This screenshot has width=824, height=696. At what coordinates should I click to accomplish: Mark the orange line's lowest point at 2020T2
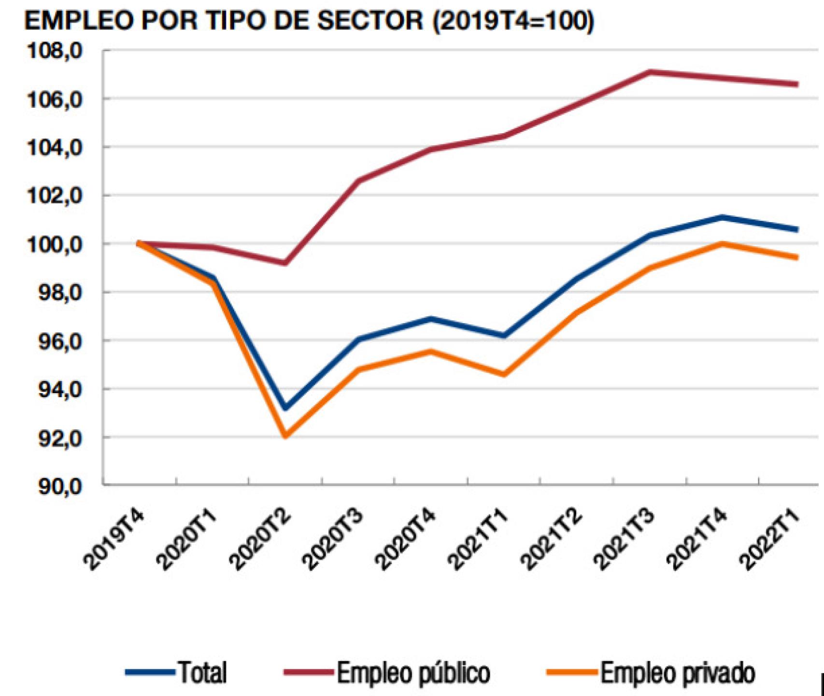(x=285, y=436)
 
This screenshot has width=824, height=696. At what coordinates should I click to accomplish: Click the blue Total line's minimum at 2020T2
(x=285, y=409)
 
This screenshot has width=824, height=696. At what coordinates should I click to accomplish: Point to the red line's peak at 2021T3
(x=650, y=72)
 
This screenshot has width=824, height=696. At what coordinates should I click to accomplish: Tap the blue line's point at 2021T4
(x=723, y=217)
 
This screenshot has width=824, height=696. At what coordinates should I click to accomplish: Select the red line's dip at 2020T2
(x=285, y=263)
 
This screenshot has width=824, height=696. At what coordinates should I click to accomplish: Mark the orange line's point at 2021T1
(x=504, y=374)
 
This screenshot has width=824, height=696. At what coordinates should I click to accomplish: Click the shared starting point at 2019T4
(x=139, y=243)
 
